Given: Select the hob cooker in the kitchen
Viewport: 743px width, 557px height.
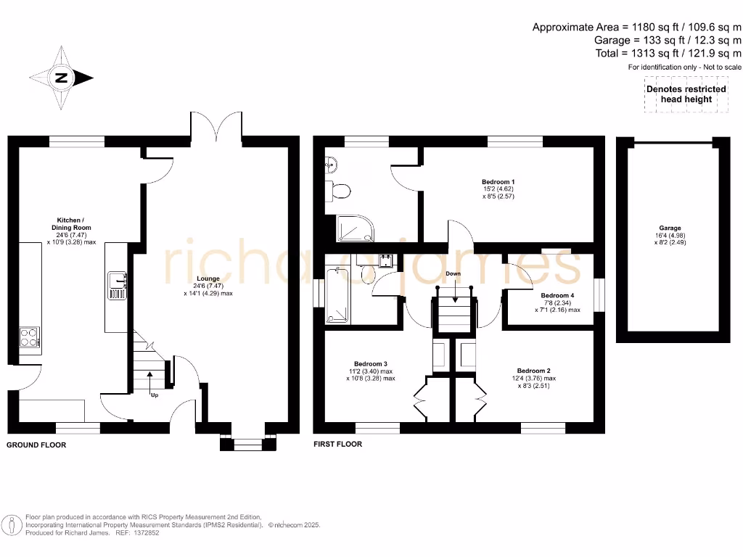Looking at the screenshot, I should pyautogui.click(x=29, y=338).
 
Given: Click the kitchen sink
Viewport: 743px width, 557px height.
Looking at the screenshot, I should pyautogui.click(x=117, y=284).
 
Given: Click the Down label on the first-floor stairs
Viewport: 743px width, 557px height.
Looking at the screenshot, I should pyautogui.click(x=453, y=274).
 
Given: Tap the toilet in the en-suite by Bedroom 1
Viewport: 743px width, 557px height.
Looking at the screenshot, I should pyautogui.click(x=340, y=191).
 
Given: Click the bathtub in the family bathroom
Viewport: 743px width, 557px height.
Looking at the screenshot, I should pyautogui.click(x=338, y=296).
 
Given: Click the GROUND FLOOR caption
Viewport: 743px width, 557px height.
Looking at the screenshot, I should pyautogui.click(x=36, y=445).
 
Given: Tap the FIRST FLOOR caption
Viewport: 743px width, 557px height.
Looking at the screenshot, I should pyautogui.click(x=337, y=444).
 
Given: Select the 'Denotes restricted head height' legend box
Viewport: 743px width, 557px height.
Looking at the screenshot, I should pyautogui.click(x=686, y=94).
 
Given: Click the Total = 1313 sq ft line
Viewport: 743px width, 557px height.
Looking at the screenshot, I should pyautogui.click(x=668, y=53).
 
